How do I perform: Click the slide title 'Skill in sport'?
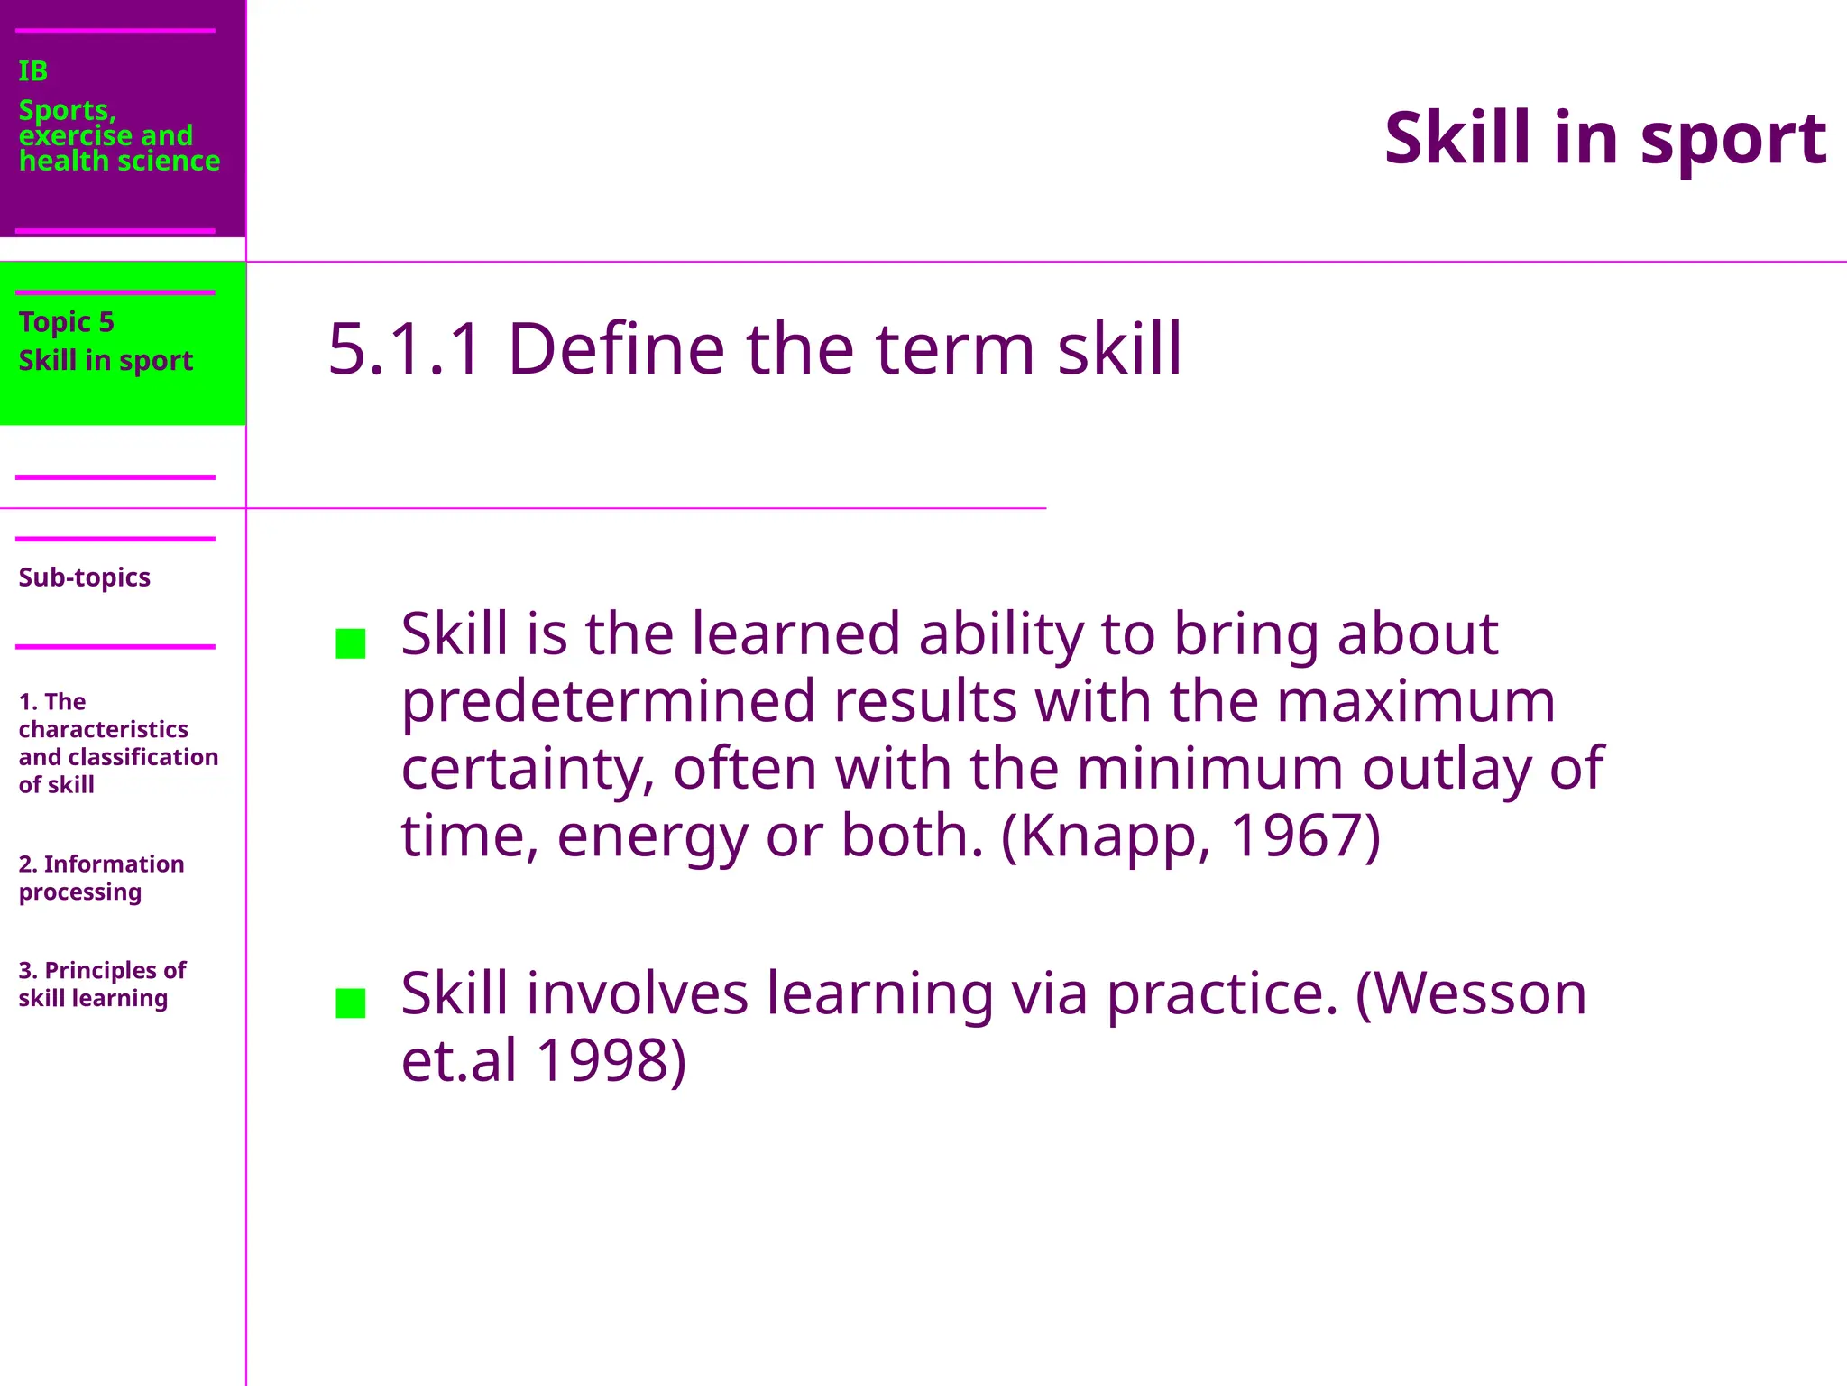click(x=1604, y=138)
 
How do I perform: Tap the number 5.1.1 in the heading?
click(x=405, y=349)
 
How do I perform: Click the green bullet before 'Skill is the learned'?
click(x=350, y=643)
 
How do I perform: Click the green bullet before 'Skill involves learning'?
click(x=350, y=1003)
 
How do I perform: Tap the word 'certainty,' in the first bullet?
click(x=528, y=770)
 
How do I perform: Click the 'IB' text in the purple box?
click(x=32, y=71)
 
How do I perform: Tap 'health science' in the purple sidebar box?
click(x=119, y=161)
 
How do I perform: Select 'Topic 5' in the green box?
click(x=66, y=322)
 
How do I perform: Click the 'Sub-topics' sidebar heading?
click(x=84, y=577)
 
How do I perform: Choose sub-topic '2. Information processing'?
click(x=100, y=878)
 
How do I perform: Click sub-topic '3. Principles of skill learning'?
click(x=101, y=984)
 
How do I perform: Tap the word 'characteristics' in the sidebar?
click(x=103, y=729)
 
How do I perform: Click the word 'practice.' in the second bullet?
click(x=1222, y=993)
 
